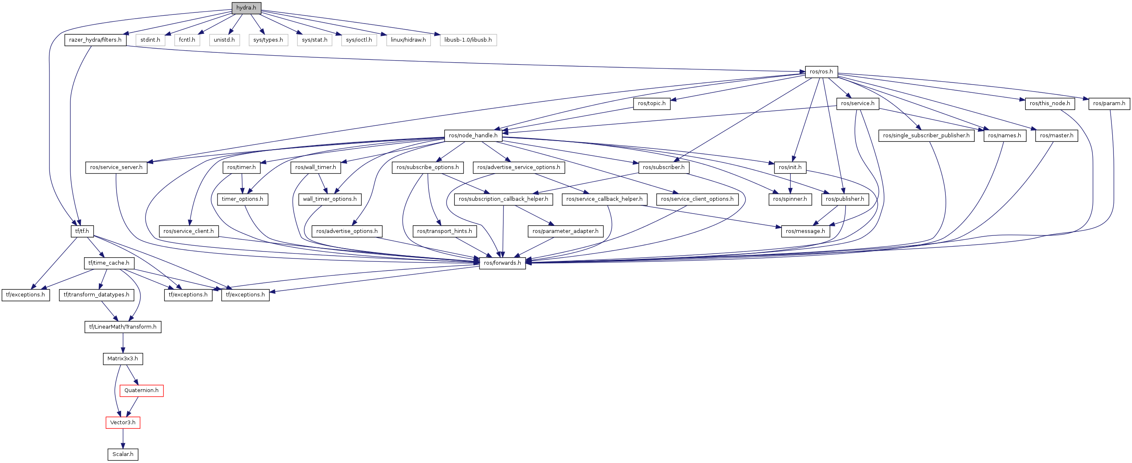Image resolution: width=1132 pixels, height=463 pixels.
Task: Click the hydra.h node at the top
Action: pos(246,8)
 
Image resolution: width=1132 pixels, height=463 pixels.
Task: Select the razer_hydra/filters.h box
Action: pos(95,40)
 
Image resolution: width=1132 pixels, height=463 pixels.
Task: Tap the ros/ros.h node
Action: pos(821,72)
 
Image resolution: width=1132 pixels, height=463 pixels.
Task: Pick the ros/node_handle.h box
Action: pos(473,135)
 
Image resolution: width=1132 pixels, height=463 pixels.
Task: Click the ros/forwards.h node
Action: pos(502,263)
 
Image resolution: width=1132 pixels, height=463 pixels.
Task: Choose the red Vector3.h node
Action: pos(123,423)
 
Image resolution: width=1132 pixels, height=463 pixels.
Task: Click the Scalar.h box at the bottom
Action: pos(123,454)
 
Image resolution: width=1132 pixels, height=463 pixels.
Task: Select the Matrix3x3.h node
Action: pos(123,359)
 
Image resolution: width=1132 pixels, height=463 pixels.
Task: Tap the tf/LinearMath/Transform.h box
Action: pos(123,327)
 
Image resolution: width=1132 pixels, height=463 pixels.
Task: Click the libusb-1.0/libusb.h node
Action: pos(468,40)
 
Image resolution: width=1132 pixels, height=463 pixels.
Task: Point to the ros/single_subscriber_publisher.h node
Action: pos(926,135)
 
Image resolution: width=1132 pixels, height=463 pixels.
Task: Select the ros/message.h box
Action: pos(805,231)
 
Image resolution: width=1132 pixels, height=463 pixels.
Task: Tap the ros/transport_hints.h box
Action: pos(444,231)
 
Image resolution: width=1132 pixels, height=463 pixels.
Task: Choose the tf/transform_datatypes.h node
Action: pos(96,295)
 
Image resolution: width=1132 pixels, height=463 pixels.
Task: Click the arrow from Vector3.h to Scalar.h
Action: pos(123,438)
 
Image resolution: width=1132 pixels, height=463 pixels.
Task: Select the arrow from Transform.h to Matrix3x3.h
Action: pos(123,343)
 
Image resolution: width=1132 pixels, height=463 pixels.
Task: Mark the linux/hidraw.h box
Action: pos(408,40)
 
